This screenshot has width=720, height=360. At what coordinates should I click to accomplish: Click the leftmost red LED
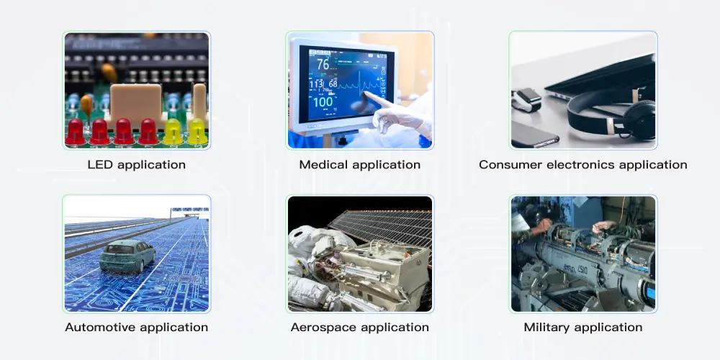(75, 132)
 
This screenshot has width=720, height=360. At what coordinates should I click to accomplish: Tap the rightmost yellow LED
(197, 131)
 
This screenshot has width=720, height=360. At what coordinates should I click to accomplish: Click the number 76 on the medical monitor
(323, 64)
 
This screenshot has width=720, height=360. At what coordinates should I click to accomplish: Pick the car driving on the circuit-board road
(127, 256)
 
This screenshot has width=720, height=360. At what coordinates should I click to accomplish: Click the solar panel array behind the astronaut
(382, 223)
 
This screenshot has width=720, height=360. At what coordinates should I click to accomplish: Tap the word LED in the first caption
(100, 165)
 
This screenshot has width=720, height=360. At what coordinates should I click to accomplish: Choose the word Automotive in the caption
(99, 328)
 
